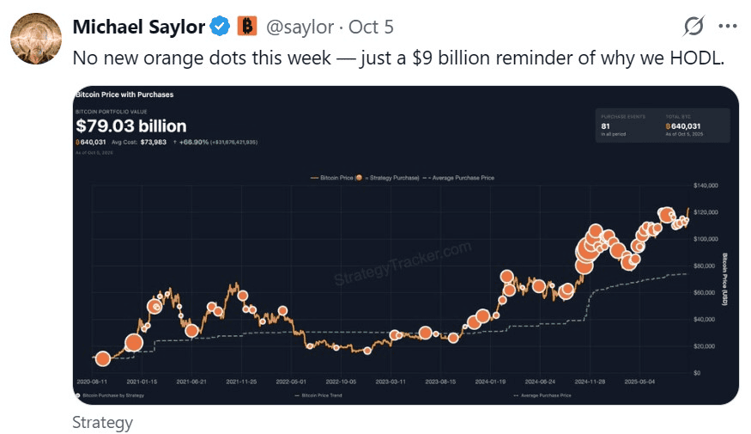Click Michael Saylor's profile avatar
pyautogui.click(x=35, y=39)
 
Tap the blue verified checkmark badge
pyautogui.click(x=221, y=27)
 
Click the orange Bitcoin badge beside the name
pyautogui.click(x=247, y=27)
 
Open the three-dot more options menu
pyautogui.click(x=727, y=27)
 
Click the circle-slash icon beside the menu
pyautogui.click(x=693, y=27)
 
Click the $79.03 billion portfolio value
pyautogui.click(x=130, y=126)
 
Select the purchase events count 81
pyautogui.click(x=605, y=125)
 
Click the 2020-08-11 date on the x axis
pyautogui.click(x=94, y=380)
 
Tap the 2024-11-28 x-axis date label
pyautogui.click(x=589, y=380)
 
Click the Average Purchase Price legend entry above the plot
pyautogui.click(x=460, y=178)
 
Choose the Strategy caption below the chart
pyautogui.click(x=102, y=422)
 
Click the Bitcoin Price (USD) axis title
pyautogui.click(x=725, y=279)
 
